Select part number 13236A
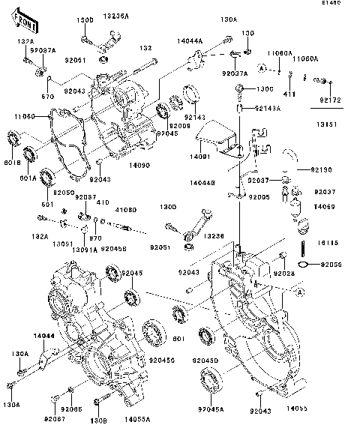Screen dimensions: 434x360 pos(116,15)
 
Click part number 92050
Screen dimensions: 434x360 pos(69,193)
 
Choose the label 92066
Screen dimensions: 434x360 pos(72,410)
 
